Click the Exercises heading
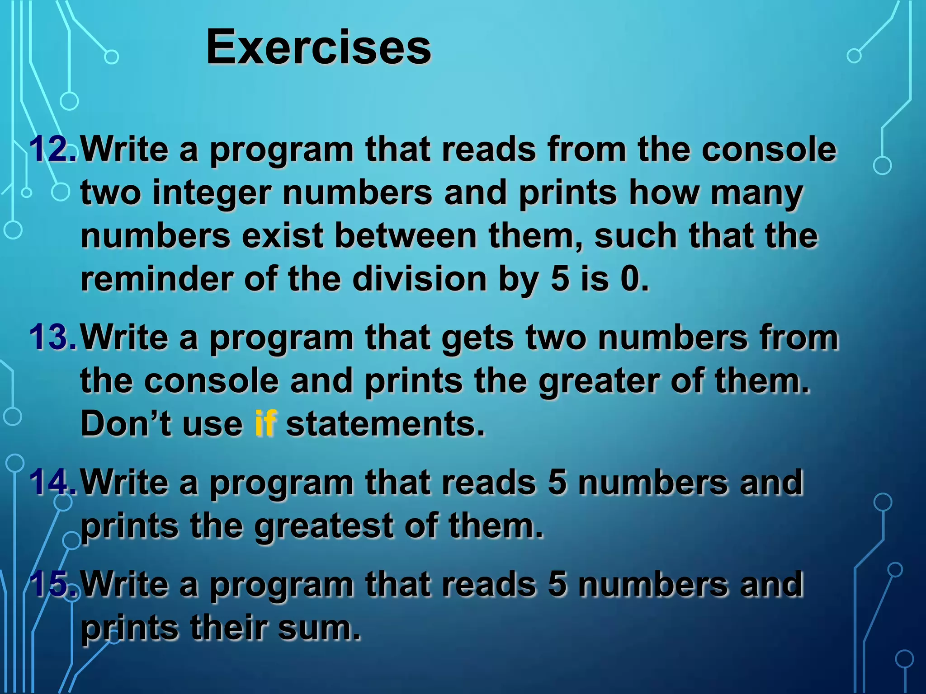pyautogui.click(x=318, y=47)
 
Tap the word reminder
pyautogui.click(x=156, y=279)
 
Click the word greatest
pyautogui.click(x=324, y=526)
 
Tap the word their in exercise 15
pyautogui.click(x=228, y=628)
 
